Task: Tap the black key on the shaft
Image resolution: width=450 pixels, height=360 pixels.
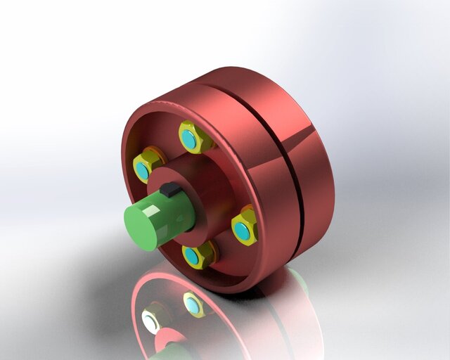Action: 169,189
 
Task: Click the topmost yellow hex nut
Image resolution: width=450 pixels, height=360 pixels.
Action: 191,138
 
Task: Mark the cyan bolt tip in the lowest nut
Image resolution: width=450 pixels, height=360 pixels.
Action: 192,256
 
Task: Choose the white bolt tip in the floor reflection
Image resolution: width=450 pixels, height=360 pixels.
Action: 150,322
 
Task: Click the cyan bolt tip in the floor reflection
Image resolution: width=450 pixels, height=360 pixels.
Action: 191,304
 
